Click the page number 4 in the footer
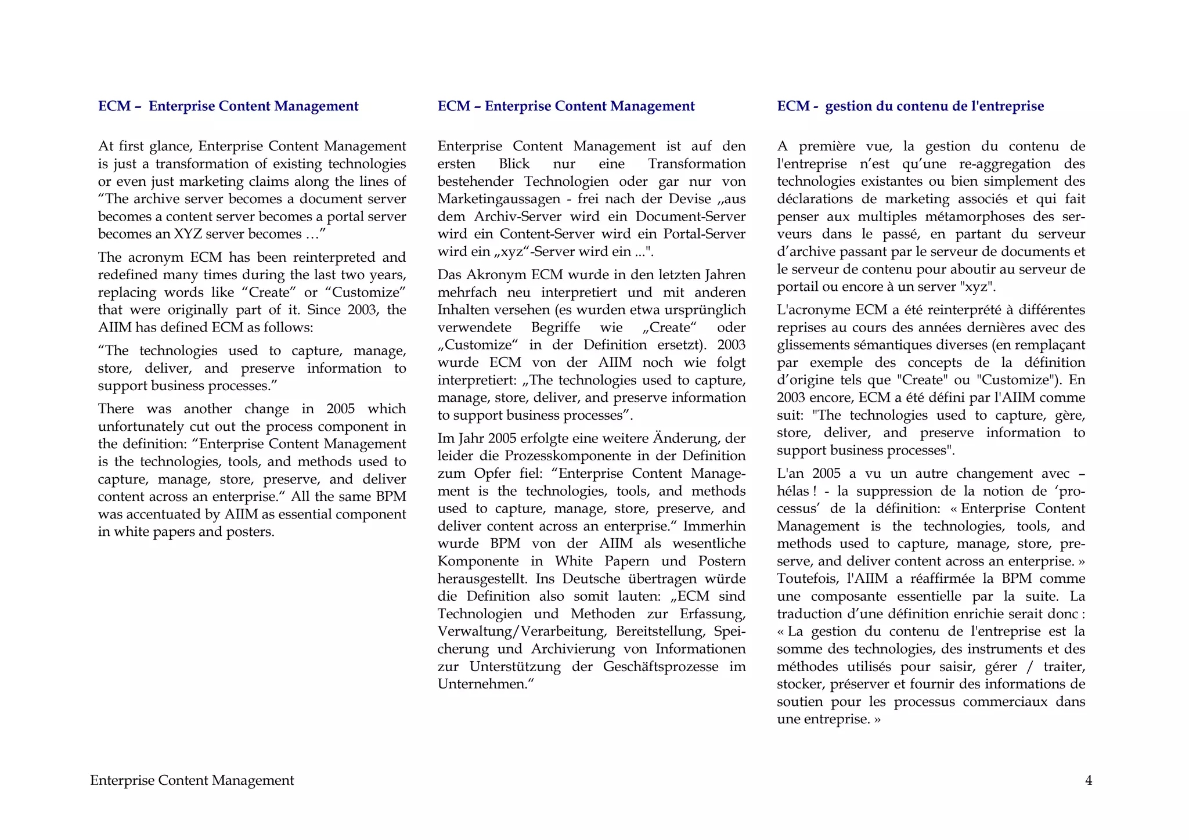[x=1089, y=781]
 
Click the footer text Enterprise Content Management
[x=192, y=781]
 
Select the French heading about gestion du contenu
[x=910, y=106]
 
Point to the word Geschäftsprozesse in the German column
[x=661, y=666]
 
